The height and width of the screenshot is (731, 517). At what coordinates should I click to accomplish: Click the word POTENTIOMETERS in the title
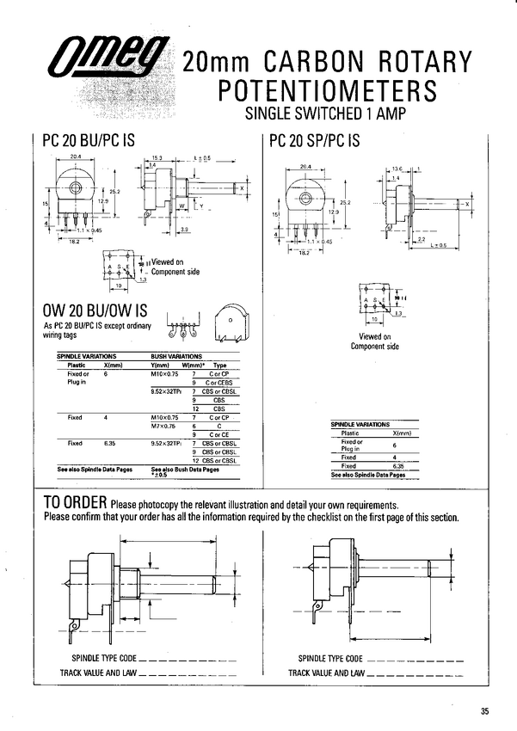tap(326, 90)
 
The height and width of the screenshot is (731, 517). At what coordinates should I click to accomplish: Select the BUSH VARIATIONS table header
tap(177, 355)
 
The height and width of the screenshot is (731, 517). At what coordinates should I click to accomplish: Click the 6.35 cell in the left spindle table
tap(107, 443)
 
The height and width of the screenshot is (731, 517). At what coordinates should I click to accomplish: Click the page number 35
tap(484, 710)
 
